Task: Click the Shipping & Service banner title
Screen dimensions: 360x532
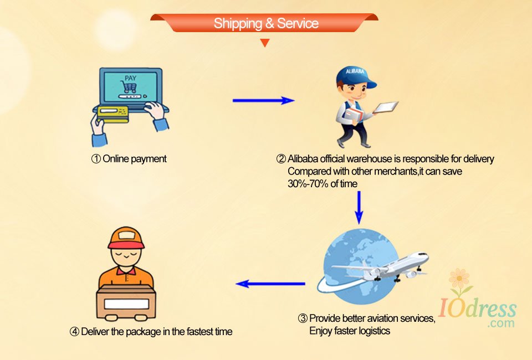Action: click(x=266, y=23)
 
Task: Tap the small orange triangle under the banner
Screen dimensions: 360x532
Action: click(x=265, y=43)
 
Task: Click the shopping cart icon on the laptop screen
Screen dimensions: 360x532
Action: click(x=130, y=88)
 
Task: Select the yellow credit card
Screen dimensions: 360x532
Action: click(x=112, y=114)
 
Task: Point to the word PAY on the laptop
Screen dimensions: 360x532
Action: click(x=130, y=78)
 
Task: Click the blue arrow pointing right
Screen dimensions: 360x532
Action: click(x=263, y=100)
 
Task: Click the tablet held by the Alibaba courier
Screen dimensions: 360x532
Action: click(x=387, y=106)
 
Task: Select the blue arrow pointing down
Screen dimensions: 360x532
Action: click(x=359, y=207)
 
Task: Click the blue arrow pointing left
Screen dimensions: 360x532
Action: click(x=270, y=284)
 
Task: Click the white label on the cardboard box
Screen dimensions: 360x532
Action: click(x=126, y=304)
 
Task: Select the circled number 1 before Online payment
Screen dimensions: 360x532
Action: click(x=96, y=159)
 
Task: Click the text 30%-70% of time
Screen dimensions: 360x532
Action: click(x=323, y=184)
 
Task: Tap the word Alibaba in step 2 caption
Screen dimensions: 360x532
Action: click(x=303, y=159)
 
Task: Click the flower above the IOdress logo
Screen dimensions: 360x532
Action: click(x=459, y=278)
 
